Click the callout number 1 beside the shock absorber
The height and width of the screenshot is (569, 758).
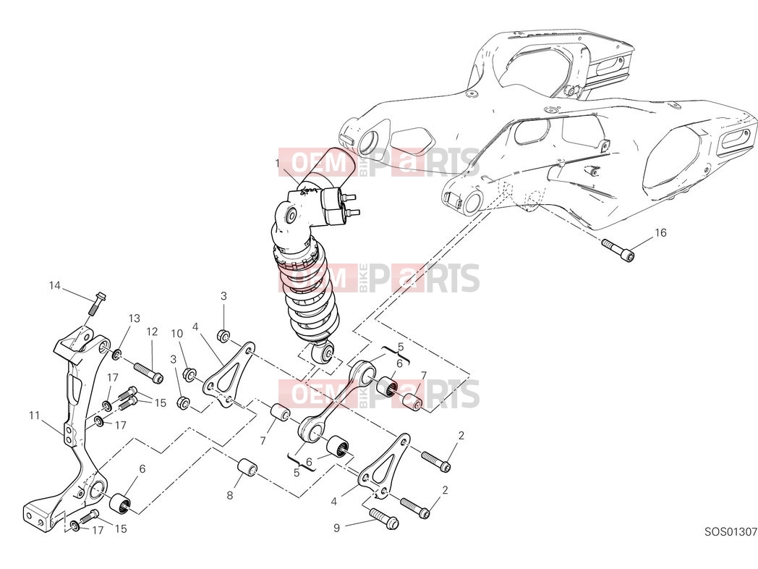coord(278,164)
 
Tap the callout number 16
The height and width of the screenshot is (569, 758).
coord(660,232)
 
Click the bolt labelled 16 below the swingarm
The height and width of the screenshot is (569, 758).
coord(618,249)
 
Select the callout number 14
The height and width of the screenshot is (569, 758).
coord(55,285)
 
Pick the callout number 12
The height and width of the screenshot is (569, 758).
coord(152,332)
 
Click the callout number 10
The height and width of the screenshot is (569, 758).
coord(177,334)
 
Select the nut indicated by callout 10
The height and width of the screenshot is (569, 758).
coord(189,374)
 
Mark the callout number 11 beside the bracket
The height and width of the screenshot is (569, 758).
coord(34,415)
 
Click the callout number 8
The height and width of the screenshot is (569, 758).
coord(229,495)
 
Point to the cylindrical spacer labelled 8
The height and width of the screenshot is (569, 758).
coord(247,468)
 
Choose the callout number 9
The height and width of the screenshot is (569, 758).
coord(336,528)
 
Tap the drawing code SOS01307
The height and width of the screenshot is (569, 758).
coord(731,532)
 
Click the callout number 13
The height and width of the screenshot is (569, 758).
coord(134,318)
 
